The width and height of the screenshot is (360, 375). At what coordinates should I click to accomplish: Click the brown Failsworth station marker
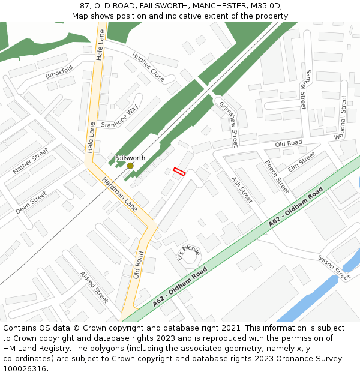click(130, 166)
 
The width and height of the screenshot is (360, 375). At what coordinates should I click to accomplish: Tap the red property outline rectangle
click(179, 172)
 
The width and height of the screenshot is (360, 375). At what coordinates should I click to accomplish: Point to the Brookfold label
click(59, 72)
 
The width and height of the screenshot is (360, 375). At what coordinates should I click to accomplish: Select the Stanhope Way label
click(119, 116)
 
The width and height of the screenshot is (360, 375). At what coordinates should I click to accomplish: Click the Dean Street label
click(31, 203)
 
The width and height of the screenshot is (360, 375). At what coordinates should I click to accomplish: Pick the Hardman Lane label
click(119, 193)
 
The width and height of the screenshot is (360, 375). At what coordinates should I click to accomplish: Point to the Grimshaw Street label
click(229, 123)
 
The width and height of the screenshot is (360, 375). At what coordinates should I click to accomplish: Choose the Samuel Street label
click(306, 89)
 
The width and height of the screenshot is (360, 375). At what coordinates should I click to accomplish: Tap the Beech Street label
click(277, 176)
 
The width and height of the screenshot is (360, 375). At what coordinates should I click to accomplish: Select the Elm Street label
click(301, 162)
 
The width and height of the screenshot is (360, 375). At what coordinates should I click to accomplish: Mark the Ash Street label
click(242, 189)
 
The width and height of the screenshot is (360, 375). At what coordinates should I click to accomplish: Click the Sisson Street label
click(334, 267)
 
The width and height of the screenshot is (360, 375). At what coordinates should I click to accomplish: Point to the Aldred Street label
click(94, 287)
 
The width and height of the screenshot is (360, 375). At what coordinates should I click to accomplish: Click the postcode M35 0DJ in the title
click(262, 5)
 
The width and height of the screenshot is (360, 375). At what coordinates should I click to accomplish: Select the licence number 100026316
click(26, 368)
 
